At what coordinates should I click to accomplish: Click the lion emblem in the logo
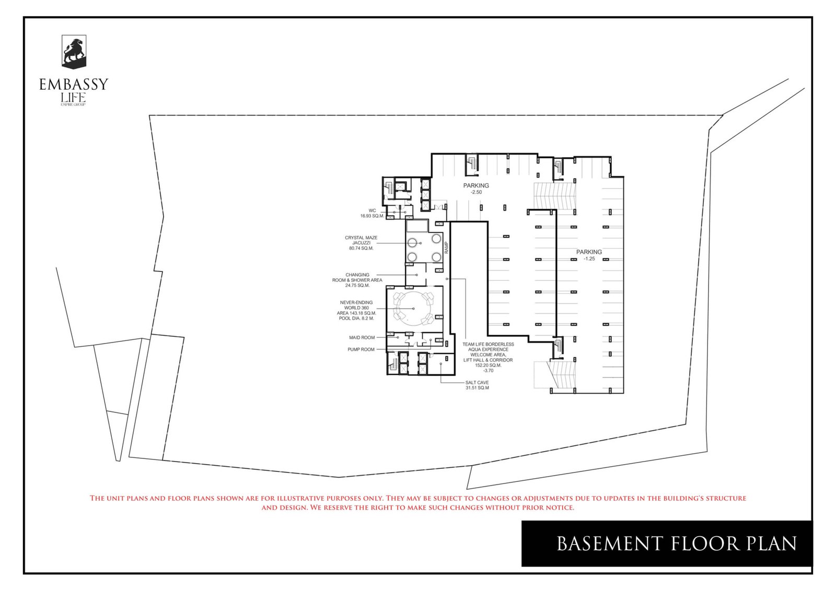(x=74, y=51)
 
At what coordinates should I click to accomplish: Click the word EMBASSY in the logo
(x=74, y=84)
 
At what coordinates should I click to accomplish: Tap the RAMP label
(x=447, y=248)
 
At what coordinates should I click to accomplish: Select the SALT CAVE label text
(x=477, y=383)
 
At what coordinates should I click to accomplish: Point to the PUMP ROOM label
(x=361, y=349)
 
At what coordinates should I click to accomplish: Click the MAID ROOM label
(x=362, y=338)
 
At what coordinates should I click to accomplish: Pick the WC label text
(x=372, y=210)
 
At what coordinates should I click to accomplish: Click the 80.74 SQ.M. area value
(x=361, y=249)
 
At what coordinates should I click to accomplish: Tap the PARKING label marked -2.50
(x=476, y=185)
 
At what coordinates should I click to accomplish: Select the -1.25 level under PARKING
(x=589, y=259)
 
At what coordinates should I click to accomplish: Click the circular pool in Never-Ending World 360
(x=414, y=309)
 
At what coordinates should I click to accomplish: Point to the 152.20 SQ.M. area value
(x=488, y=365)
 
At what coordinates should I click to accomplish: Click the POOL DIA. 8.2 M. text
(x=356, y=318)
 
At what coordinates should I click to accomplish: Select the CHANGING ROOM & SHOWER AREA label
(x=357, y=280)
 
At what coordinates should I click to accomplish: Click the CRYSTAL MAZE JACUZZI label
(x=361, y=240)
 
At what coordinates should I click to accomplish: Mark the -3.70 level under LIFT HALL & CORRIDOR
(x=488, y=371)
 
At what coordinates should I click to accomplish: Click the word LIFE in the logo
(x=73, y=98)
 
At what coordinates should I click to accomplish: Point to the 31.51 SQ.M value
(x=477, y=388)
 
